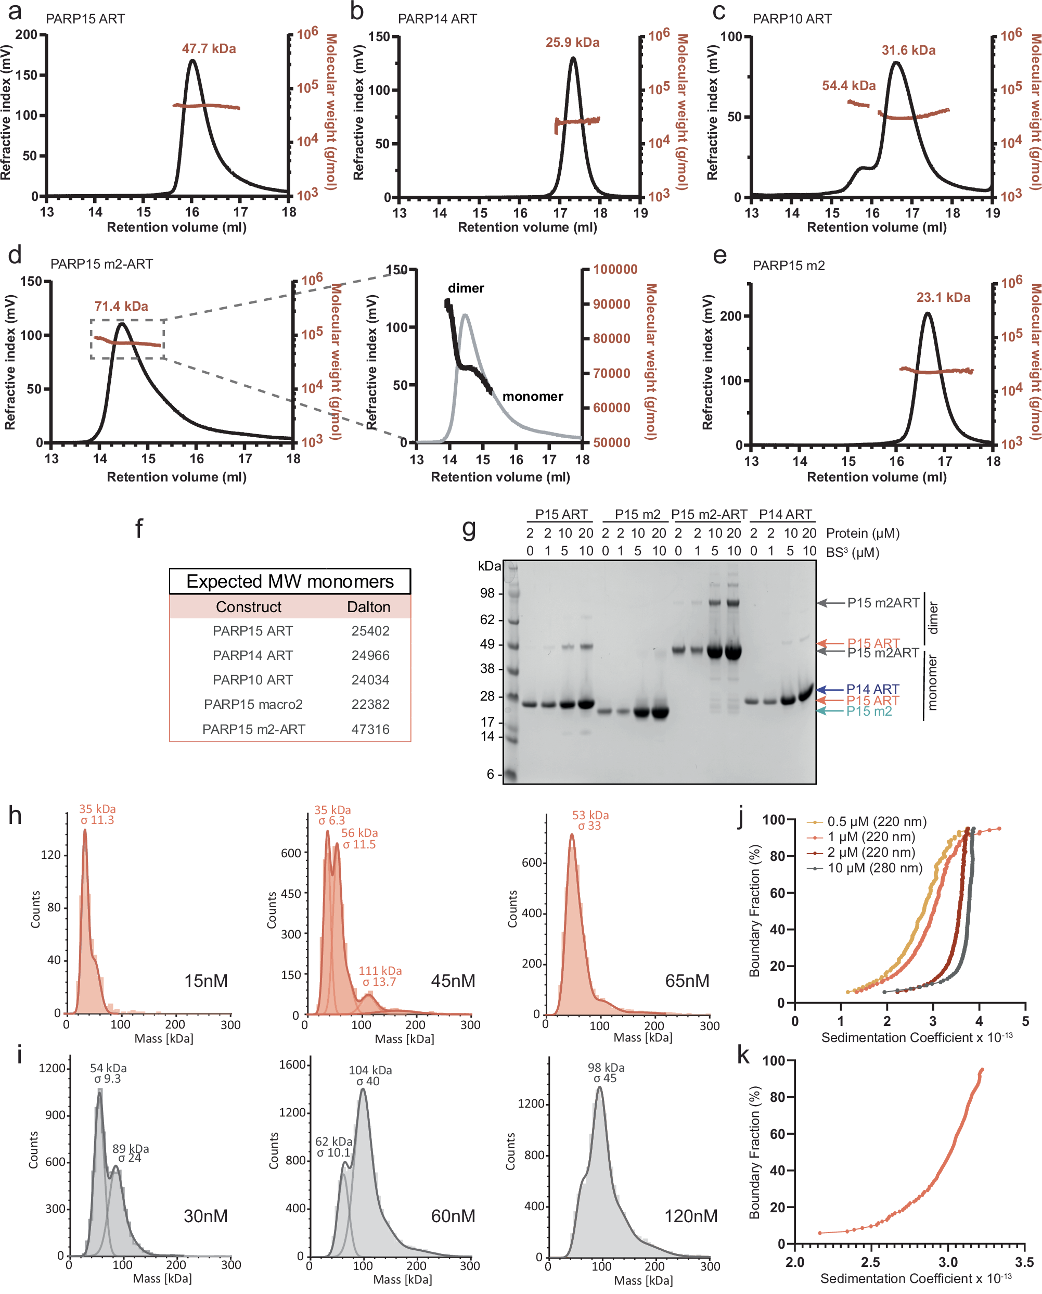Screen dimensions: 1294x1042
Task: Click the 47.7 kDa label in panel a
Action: (x=209, y=48)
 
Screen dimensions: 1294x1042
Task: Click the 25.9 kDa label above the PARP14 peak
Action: (x=572, y=43)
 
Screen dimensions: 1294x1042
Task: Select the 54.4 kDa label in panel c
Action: (x=848, y=86)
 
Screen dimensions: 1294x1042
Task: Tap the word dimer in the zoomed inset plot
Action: (x=466, y=288)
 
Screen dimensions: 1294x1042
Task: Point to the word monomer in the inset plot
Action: (x=532, y=396)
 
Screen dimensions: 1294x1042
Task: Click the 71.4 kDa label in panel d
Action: (x=121, y=306)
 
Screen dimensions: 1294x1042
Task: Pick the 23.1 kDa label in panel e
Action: (x=943, y=297)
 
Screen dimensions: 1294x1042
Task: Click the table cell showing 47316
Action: (x=370, y=729)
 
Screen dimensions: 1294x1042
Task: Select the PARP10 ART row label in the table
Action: (x=253, y=680)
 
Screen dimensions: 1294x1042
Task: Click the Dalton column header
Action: (x=368, y=607)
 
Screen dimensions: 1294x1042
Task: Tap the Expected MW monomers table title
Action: (x=290, y=581)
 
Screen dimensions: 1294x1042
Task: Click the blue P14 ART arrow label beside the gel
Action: (x=872, y=689)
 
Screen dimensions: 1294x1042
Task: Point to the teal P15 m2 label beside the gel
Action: (x=869, y=711)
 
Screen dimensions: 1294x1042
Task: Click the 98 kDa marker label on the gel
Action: (x=487, y=593)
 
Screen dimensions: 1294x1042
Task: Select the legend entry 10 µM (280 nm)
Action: (x=874, y=868)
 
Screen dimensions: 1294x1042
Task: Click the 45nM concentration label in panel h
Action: (x=453, y=981)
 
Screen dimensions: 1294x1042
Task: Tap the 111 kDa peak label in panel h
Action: (x=380, y=971)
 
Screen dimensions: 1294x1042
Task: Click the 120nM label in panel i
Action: (x=690, y=1216)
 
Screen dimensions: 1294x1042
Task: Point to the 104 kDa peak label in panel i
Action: (x=370, y=1070)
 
